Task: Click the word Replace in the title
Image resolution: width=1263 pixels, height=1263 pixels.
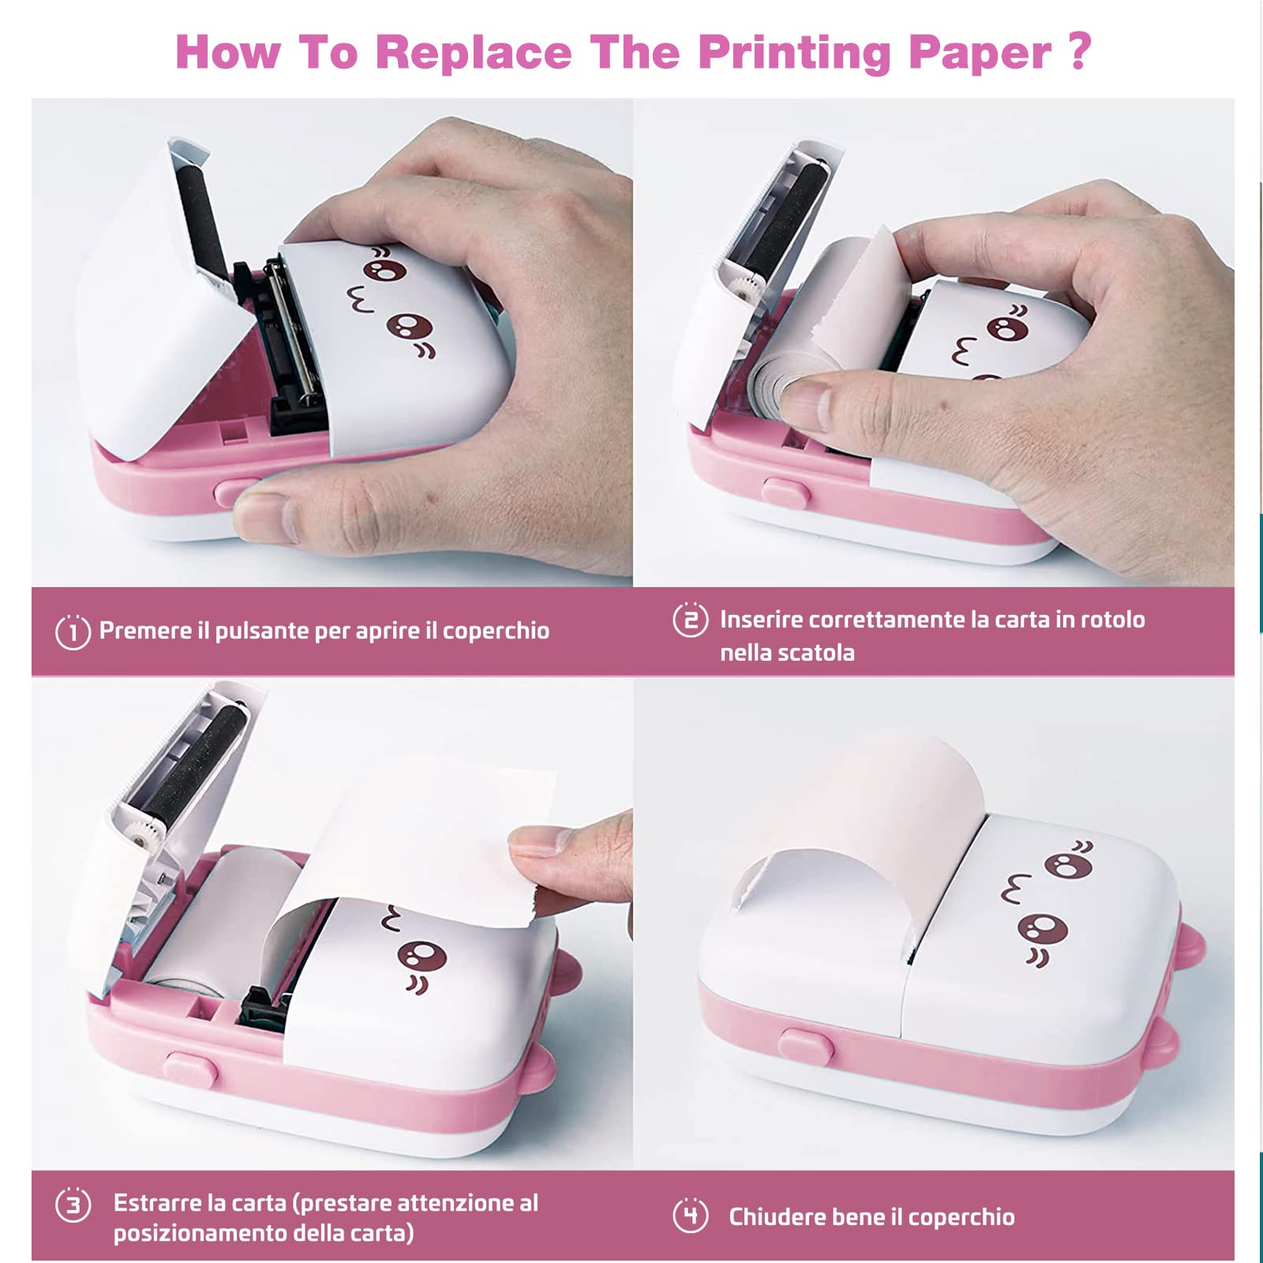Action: click(x=473, y=52)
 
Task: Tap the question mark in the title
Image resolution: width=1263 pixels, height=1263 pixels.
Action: click(x=1079, y=51)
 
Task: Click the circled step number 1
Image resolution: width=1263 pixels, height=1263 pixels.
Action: click(x=73, y=631)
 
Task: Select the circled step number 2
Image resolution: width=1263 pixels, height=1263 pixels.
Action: click(x=690, y=620)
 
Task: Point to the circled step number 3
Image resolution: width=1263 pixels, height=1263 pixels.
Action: click(x=73, y=1205)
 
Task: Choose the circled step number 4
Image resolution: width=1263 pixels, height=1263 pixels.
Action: click(x=690, y=1216)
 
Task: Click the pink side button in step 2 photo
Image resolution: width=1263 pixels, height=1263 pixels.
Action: click(x=786, y=493)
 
